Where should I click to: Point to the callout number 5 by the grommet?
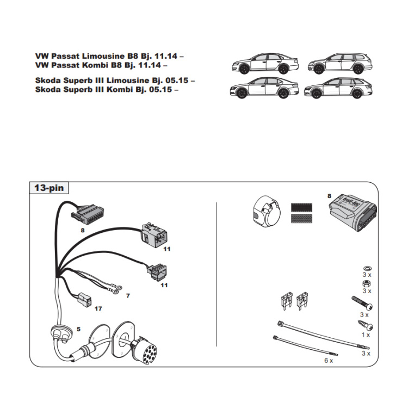click(x=78, y=329)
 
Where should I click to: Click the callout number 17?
click(x=98, y=308)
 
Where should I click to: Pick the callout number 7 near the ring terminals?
click(x=128, y=296)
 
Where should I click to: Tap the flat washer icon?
click(x=366, y=268)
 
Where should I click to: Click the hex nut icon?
click(x=366, y=283)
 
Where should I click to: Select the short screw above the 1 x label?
click(x=364, y=325)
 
